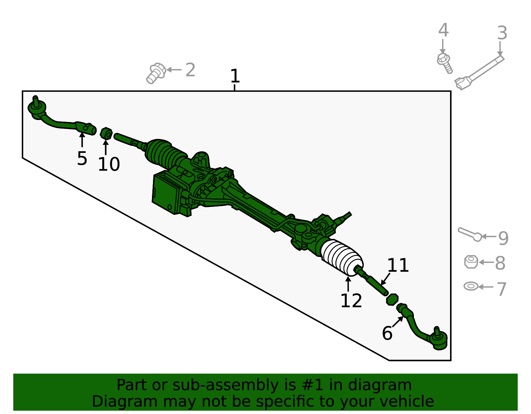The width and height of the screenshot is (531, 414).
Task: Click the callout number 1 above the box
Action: (x=235, y=76)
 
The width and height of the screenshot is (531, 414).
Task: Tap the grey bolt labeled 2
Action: (x=156, y=73)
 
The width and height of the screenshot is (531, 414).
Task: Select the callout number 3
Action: (x=502, y=33)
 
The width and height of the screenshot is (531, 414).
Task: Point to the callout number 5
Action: (x=82, y=159)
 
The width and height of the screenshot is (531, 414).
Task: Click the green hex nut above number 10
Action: (x=106, y=133)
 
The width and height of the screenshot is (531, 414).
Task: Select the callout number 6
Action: (x=387, y=333)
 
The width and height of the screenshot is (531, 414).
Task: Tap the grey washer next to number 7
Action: (x=471, y=286)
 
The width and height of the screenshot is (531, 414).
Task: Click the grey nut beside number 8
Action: (x=471, y=262)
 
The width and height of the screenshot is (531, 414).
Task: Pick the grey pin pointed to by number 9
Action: (x=469, y=234)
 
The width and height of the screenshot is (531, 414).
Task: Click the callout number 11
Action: (x=398, y=266)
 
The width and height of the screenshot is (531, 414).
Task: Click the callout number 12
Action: (x=351, y=301)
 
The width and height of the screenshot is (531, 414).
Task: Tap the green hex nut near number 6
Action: (x=392, y=299)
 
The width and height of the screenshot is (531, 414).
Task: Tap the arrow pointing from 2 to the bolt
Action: (x=174, y=70)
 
